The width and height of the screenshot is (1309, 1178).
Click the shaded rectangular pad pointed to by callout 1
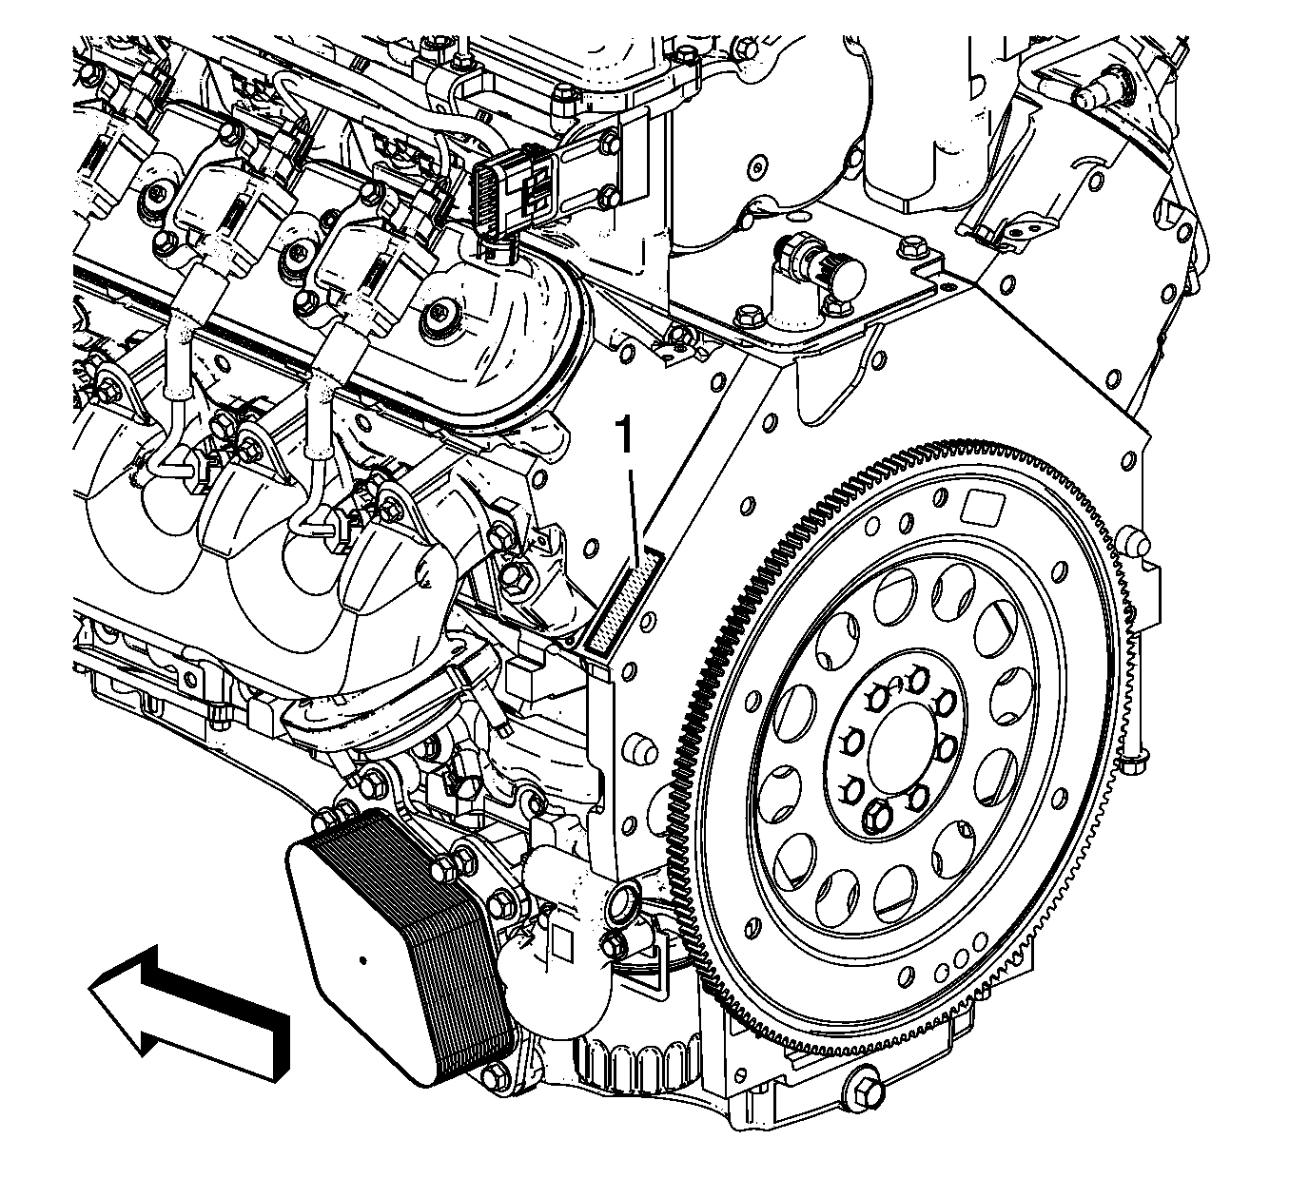point(624,601)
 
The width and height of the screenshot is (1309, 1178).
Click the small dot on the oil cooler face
point(363,959)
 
